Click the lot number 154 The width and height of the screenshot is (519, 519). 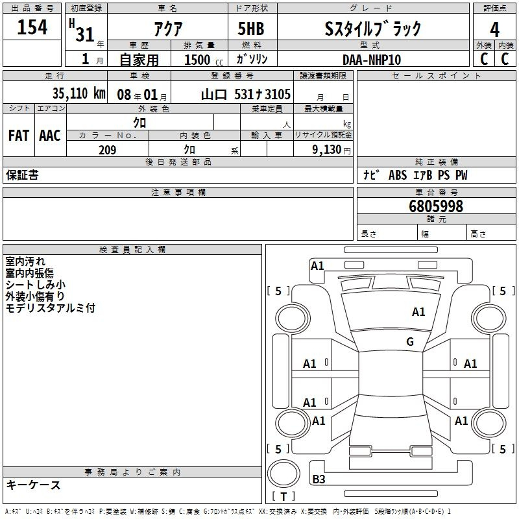32,27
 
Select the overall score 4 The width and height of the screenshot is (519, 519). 494,30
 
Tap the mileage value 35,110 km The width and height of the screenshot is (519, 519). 78,93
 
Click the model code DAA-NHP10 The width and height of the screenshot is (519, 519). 372,60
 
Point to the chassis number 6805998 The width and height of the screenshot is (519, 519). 436,206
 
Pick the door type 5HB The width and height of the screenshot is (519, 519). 251,29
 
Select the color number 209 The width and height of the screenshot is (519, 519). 108,150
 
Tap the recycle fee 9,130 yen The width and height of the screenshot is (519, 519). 331,150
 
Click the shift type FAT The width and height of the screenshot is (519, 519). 19,136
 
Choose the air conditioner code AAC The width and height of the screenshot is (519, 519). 50,136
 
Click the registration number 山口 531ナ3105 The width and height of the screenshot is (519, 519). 246,95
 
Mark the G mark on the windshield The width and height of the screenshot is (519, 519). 410,341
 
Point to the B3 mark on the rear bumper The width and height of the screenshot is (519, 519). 319,479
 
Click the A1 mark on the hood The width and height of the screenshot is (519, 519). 418,312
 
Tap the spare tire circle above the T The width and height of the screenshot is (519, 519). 284,474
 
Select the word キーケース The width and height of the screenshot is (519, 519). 34,485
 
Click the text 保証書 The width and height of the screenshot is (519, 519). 22,175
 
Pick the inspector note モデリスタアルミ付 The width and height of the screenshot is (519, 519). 51,308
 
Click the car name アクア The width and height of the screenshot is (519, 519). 168,29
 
